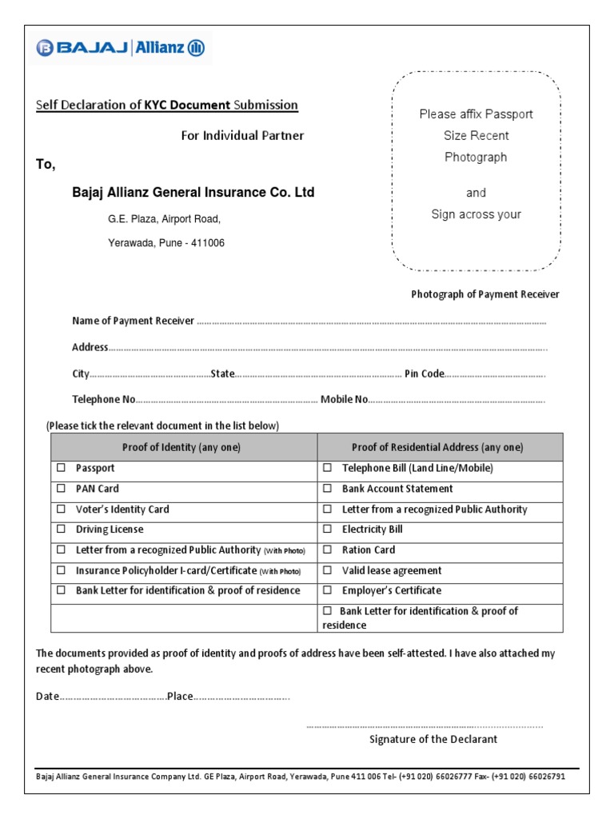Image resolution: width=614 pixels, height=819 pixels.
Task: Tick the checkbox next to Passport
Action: click(61, 468)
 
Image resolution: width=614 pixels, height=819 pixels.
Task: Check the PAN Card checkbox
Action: click(61, 488)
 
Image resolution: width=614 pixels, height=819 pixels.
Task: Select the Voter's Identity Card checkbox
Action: click(61, 509)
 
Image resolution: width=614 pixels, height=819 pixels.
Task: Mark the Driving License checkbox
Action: click(61, 529)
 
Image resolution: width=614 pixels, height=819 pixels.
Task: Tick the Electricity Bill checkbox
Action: click(327, 529)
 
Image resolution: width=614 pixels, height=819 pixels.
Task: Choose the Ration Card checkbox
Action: click(327, 550)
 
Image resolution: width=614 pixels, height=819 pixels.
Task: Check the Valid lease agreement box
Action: click(327, 570)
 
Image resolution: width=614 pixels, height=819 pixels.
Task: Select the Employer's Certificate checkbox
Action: click(327, 590)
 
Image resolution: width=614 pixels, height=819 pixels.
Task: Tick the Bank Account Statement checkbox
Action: click(327, 488)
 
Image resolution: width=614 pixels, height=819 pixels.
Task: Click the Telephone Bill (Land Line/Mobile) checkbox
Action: click(327, 468)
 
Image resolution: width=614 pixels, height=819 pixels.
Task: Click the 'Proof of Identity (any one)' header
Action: click(181, 447)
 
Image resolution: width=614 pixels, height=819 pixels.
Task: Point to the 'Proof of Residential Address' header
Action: click(437, 447)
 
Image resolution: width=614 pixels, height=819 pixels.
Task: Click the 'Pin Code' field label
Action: click(424, 374)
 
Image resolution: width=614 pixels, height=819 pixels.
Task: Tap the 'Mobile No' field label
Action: click(344, 399)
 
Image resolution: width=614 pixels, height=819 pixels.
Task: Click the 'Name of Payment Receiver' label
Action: click(134, 321)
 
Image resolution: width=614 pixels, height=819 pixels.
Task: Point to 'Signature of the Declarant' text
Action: click(433, 739)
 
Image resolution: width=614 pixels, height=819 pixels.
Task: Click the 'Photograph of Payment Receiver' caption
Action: click(485, 294)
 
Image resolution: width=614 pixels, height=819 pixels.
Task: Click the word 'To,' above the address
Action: click(46, 164)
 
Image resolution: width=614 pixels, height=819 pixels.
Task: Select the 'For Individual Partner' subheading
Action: click(242, 135)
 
